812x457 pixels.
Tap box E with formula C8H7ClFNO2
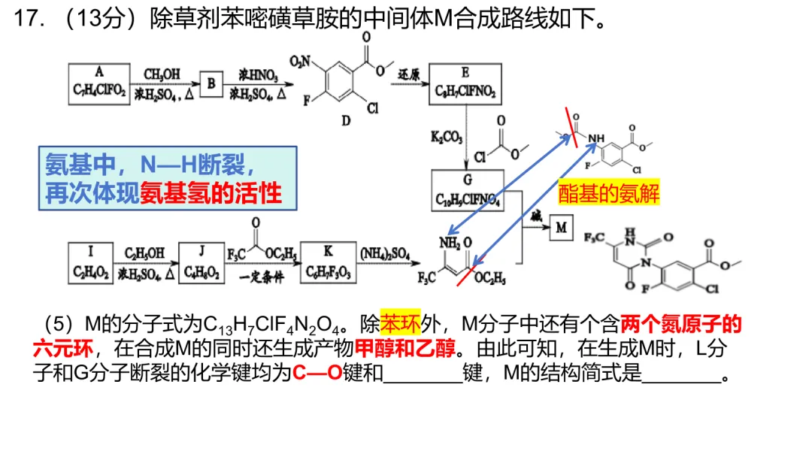[466, 83]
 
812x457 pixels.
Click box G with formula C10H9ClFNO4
[467, 191]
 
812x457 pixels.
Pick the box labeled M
[562, 226]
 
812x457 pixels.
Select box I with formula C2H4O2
[89, 261]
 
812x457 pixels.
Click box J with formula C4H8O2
[201, 261]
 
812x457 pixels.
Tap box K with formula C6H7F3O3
[327, 261]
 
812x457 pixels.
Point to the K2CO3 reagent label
[447, 138]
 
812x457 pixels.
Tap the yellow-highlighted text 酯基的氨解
[608, 194]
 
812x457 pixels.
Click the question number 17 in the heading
[27, 20]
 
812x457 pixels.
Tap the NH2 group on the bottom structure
[449, 243]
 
